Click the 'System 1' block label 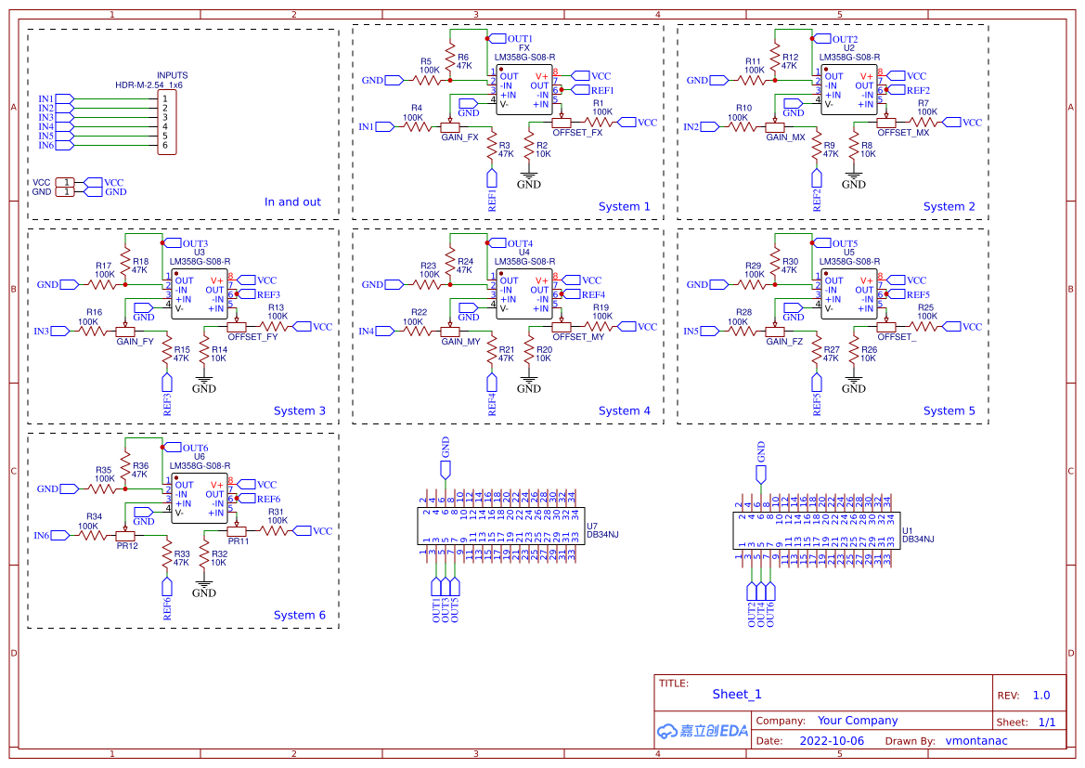pyautogui.click(x=624, y=206)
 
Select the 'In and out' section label pyautogui.click(x=292, y=202)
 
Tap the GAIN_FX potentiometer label pyautogui.click(x=459, y=137)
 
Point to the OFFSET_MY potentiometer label pyautogui.click(x=578, y=338)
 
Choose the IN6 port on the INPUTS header pyautogui.click(x=46, y=145)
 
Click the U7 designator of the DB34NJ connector pyautogui.click(x=591, y=526)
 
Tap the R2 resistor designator pyautogui.click(x=542, y=146)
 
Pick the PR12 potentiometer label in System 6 pyautogui.click(x=127, y=546)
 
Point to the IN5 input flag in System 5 pyautogui.click(x=691, y=331)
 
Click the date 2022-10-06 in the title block pyautogui.click(x=831, y=741)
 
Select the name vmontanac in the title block pyautogui.click(x=975, y=741)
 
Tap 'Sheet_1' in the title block pyautogui.click(x=736, y=694)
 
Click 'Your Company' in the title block pyautogui.click(x=857, y=721)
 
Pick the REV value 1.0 pyautogui.click(x=1040, y=695)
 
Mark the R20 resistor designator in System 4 pyautogui.click(x=544, y=350)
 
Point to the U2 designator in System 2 pyautogui.click(x=848, y=47)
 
